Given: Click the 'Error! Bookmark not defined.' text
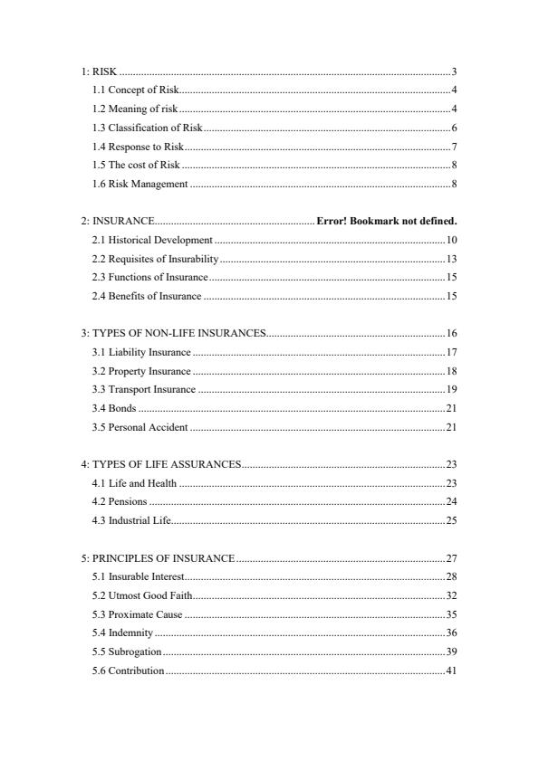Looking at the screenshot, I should (x=387, y=221).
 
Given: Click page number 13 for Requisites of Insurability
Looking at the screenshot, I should (x=451, y=259).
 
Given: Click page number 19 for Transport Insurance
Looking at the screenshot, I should (x=451, y=389).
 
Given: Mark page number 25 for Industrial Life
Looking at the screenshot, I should (x=451, y=520).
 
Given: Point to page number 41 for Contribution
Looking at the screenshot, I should (x=451, y=671).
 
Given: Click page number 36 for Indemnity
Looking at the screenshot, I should (x=451, y=633).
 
